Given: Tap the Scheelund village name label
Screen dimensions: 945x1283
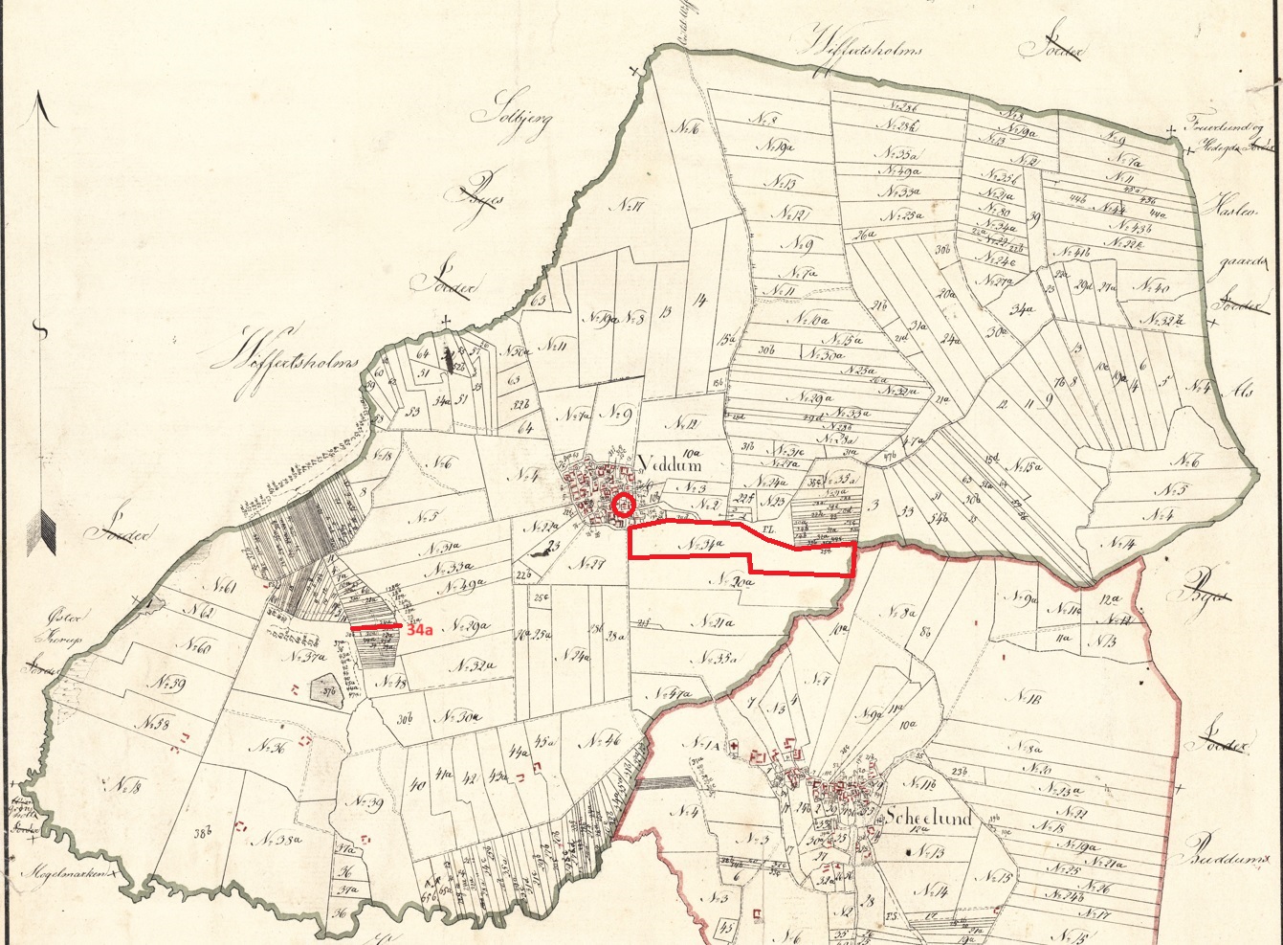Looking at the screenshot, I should click(x=927, y=819).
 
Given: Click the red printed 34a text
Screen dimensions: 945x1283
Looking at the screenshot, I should click(x=420, y=631).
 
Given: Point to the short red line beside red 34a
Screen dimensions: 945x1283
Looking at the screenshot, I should click(x=375, y=628).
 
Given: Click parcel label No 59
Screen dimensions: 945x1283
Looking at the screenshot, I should click(x=173, y=685).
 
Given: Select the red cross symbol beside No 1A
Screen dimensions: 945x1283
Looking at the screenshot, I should click(x=734, y=746).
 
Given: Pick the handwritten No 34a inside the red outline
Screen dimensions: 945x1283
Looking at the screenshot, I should click(x=702, y=544).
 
